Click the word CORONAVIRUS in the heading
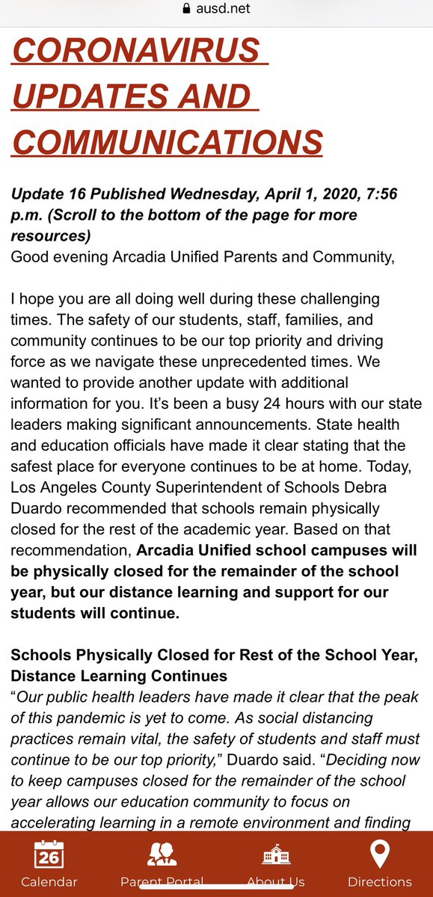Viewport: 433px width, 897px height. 134,52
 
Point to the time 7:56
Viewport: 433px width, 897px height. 382,194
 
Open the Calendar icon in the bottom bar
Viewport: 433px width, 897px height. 49,854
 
